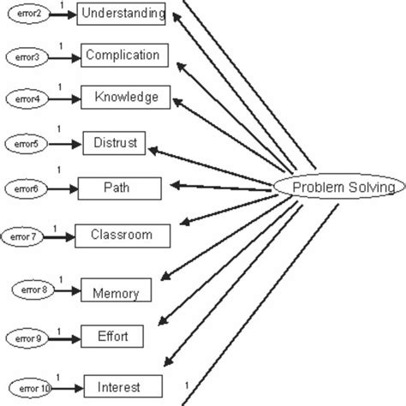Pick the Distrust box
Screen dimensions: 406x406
[115, 142]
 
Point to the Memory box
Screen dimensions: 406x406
[116, 292]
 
